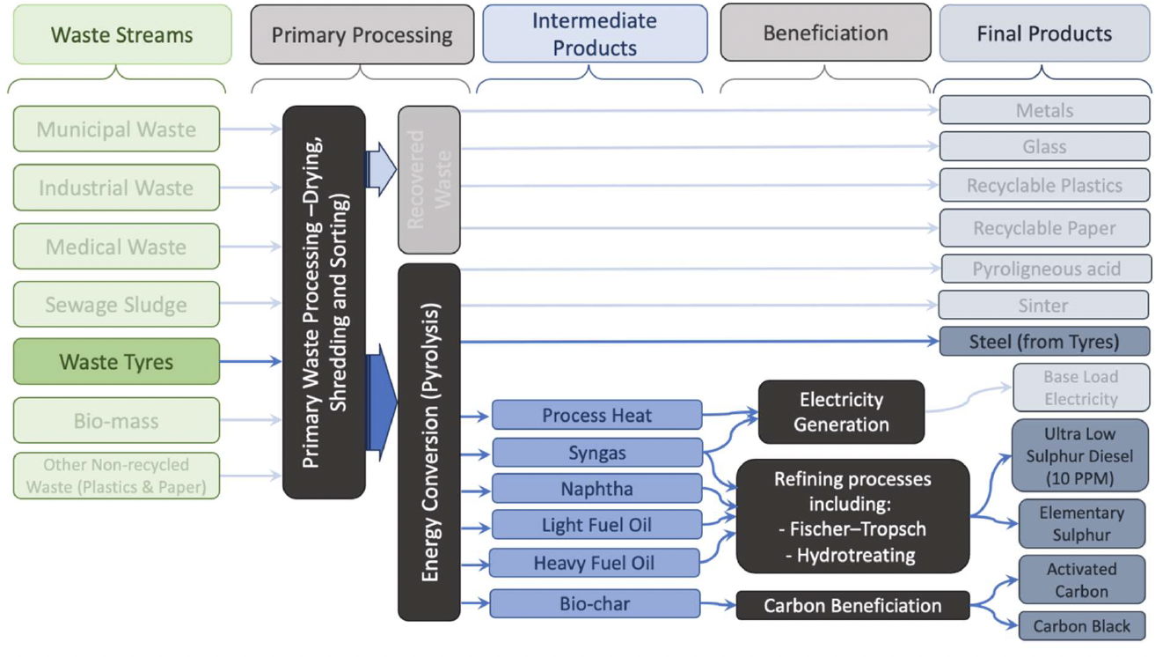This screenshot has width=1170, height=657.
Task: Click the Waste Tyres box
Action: (x=116, y=362)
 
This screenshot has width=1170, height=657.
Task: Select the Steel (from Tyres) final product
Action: (x=1044, y=342)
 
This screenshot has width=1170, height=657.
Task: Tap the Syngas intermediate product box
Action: (x=596, y=453)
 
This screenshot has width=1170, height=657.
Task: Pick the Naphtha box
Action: (x=596, y=489)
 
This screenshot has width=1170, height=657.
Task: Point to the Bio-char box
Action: (x=595, y=604)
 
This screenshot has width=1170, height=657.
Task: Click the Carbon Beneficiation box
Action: (x=852, y=605)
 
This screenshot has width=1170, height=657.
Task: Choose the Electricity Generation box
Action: (x=840, y=412)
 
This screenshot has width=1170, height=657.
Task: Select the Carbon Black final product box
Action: (x=1081, y=626)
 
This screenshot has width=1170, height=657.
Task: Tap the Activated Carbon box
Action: (x=1081, y=579)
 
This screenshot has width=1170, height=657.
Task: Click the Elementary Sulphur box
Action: (x=1081, y=523)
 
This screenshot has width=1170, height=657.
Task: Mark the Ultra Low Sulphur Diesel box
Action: (x=1079, y=456)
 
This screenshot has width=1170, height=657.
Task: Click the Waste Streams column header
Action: (x=122, y=35)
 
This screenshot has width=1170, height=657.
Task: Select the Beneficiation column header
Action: (x=825, y=33)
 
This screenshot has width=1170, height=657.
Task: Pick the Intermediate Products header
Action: (x=595, y=33)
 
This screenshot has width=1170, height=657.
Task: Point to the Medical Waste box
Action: (x=116, y=247)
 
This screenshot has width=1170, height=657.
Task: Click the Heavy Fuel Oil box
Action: (x=594, y=563)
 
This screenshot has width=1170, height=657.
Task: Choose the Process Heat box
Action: (x=596, y=415)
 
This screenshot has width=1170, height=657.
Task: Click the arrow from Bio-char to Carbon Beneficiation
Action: (x=718, y=605)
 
